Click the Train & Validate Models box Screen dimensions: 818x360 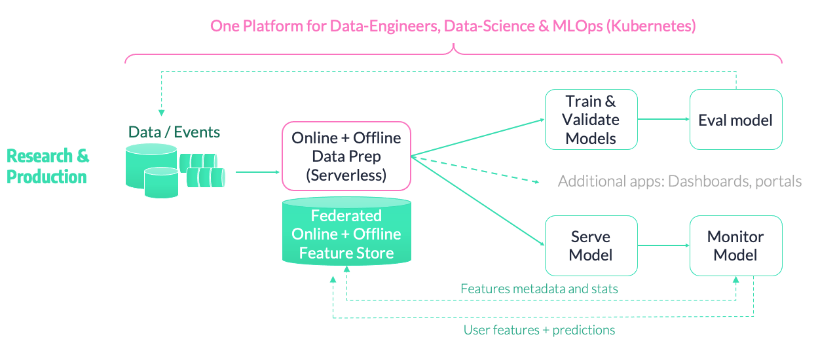(591, 119)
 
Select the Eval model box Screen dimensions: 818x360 (735, 119)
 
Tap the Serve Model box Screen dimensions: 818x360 (591, 245)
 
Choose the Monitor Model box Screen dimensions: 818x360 (735, 245)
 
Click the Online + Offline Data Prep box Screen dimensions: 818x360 (346, 156)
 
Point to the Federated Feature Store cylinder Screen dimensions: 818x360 (346, 231)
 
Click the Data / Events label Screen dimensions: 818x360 (174, 132)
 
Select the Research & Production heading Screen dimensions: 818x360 (48, 166)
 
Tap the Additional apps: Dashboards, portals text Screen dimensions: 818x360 (680, 181)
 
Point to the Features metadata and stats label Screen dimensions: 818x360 (539, 289)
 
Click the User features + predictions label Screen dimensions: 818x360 (539, 330)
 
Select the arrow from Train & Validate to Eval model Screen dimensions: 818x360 (663, 119)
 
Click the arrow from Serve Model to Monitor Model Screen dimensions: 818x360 (663, 245)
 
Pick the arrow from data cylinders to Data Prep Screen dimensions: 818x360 (257, 172)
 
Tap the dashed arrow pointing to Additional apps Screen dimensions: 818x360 (475, 170)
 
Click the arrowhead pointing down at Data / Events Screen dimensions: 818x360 (161, 113)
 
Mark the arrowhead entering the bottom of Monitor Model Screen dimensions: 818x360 (736, 279)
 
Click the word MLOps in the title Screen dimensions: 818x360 (578, 26)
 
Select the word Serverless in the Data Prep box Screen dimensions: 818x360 (346, 175)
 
